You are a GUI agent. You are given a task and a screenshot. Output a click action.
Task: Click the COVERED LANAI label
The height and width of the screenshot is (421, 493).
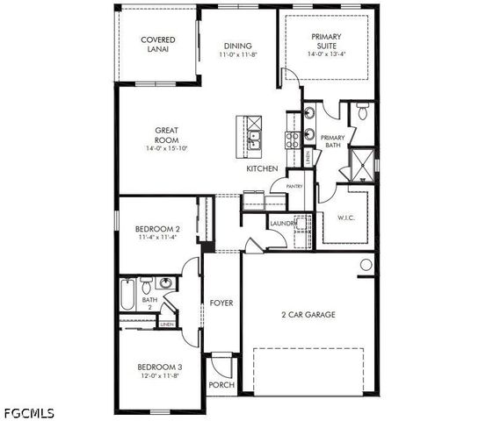tap(158, 45)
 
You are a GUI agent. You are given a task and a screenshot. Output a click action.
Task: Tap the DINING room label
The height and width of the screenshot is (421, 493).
tap(237, 46)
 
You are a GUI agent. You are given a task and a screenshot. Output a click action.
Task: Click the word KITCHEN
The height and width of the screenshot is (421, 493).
tap(262, 168)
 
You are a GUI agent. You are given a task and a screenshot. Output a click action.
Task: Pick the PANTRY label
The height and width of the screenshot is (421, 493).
tap(294, 186)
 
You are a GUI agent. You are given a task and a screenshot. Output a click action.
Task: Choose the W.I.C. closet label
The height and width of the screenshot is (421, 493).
tap(346, 218)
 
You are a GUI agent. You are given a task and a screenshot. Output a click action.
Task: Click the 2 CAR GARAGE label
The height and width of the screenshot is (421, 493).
tap(308, 314)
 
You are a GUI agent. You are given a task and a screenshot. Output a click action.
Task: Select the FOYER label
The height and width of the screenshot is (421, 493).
tap(221, 303)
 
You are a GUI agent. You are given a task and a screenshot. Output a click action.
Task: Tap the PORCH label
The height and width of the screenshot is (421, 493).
tap(220, 385)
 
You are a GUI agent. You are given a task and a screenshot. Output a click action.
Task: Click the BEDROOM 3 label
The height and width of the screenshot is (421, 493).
tap(159, 367)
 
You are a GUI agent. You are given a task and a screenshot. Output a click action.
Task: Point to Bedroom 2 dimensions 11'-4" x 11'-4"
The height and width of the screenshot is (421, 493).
tap(159, 238)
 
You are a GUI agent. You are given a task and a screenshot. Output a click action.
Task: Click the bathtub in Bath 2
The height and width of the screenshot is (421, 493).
tap(127, 296)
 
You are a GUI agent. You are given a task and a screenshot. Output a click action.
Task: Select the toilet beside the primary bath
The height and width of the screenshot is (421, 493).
tap(362, 112)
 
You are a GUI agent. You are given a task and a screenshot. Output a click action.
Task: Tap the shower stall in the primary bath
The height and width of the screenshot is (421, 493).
tap(362, 162)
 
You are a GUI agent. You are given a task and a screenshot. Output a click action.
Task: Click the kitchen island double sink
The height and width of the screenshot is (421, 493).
tap(255, 138)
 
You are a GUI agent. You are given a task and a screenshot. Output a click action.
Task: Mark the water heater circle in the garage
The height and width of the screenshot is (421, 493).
tap(366, 265)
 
